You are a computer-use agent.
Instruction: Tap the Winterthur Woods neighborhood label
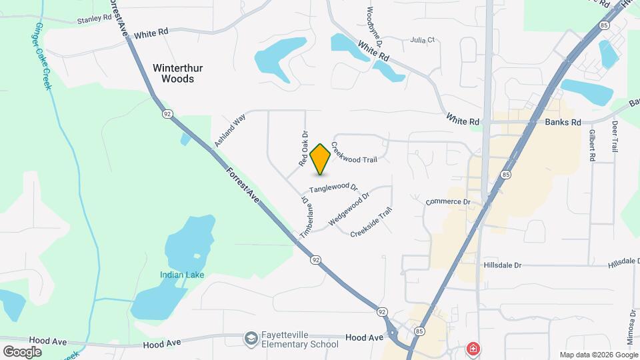[x=178, y=73]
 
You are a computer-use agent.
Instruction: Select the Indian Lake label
[x=181, y=275]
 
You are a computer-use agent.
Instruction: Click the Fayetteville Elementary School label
[x=299, y=339]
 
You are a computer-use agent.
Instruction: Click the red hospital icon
[x=473, y=349]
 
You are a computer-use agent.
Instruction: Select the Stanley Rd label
[x=94, y=19]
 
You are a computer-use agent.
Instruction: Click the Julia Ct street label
[x=423, y=40]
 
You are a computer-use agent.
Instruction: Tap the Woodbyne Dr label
[x=374, y=26]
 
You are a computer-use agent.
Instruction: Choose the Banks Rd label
[x=563, y=122]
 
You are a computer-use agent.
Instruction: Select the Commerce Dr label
[x=448, y=201]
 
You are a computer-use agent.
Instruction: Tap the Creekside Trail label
[x=371, y=223]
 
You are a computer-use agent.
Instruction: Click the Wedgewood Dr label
[x=349, y=210]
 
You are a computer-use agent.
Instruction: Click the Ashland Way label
[x=230, y=130]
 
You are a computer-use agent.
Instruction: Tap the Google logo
[x=22, y=351]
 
